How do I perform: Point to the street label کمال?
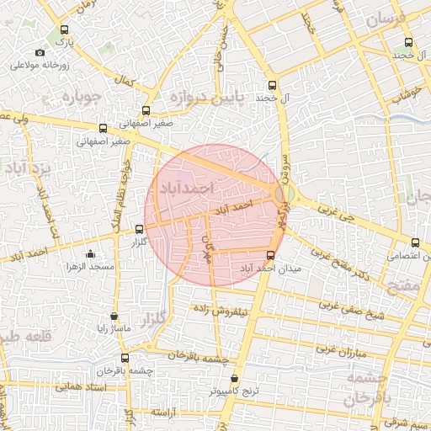point(125,82)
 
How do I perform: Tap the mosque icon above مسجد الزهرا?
point(91,254)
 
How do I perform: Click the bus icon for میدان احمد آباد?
point(270,255)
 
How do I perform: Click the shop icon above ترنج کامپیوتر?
point(235,379)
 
